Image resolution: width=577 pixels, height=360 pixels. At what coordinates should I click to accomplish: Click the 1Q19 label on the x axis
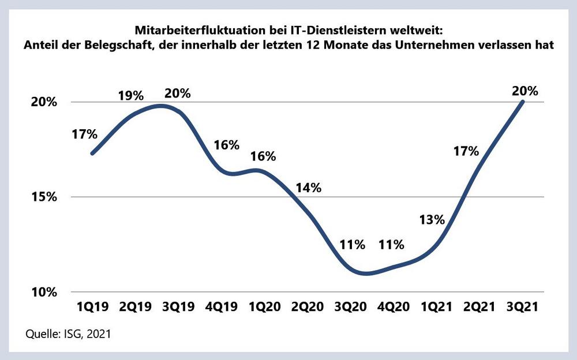[x=92, y=307]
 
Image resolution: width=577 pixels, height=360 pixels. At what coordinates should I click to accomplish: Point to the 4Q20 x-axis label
[x=395, y=307]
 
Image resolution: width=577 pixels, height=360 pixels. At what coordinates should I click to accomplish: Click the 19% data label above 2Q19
[x=131, y=96]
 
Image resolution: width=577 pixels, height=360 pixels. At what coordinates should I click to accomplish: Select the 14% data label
[x=309, y=187]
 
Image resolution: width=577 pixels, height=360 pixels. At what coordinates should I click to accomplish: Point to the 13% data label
[x=432, y=219]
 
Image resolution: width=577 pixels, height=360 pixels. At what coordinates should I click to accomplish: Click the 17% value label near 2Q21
[x=466, y=152]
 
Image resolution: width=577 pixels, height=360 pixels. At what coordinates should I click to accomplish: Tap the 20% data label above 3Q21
[x=525, y=91]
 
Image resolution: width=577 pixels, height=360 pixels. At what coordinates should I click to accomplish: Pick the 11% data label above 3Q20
[x=353, y=244]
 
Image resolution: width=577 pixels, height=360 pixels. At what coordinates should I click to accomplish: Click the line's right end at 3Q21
[x=523, y=102]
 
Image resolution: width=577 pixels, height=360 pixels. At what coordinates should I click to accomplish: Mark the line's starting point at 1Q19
[x=92, y=153]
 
